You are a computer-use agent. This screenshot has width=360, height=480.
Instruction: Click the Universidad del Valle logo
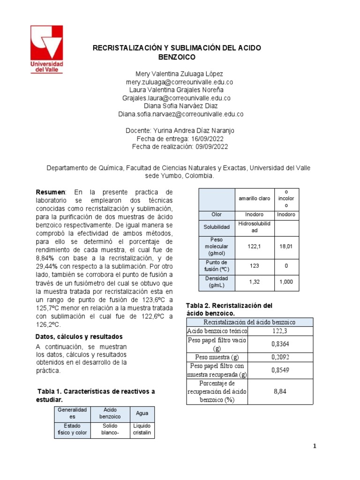point(46,49)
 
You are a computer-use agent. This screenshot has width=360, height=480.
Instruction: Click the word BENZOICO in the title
point(177,57)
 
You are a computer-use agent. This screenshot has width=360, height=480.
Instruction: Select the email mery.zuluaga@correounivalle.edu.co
point(180,82)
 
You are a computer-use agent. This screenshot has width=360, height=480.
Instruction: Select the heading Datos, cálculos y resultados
point(79,337)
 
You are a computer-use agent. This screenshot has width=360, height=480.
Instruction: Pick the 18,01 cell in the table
point(286,246)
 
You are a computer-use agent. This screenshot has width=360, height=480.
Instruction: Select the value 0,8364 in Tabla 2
point(281,344)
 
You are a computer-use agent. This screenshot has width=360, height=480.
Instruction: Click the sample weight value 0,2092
point(281,357)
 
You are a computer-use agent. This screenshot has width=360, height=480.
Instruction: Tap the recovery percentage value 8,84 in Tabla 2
point(281,391)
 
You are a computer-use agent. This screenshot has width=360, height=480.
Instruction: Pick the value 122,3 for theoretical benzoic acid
point(281,331)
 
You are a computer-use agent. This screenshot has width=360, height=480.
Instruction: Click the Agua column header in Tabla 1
point(142,413)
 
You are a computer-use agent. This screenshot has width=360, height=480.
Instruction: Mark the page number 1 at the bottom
point(315,446)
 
